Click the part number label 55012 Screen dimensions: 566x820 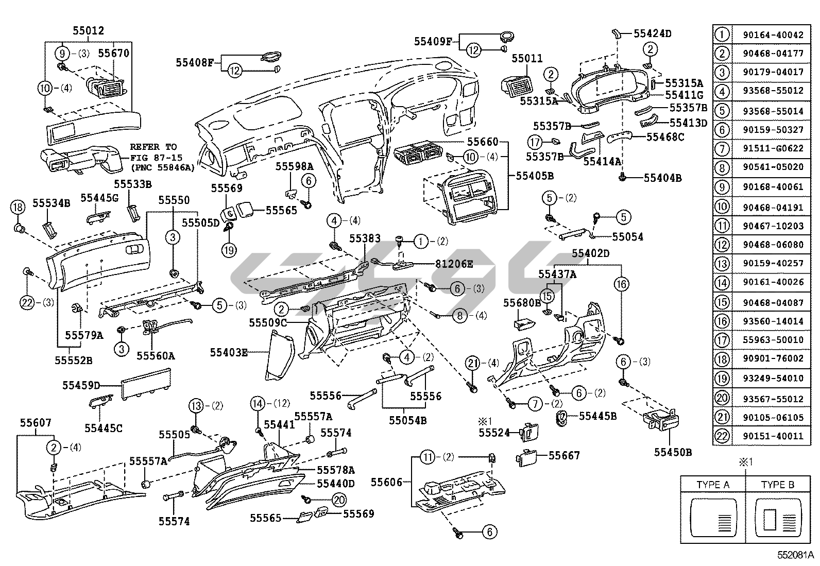88,31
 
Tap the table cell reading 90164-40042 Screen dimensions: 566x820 773,35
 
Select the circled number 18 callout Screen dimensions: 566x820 18,208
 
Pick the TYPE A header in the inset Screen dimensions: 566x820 712,485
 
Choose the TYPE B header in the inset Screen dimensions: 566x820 777,485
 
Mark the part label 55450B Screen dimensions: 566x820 673,452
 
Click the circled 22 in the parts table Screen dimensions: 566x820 723,436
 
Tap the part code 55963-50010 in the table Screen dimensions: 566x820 773,340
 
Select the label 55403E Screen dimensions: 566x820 229,353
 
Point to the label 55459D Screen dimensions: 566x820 81,385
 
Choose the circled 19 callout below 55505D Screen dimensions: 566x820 229,250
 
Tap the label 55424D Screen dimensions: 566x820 652,34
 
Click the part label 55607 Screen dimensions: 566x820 36,423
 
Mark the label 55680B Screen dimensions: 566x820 522,302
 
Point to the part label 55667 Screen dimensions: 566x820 564,456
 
